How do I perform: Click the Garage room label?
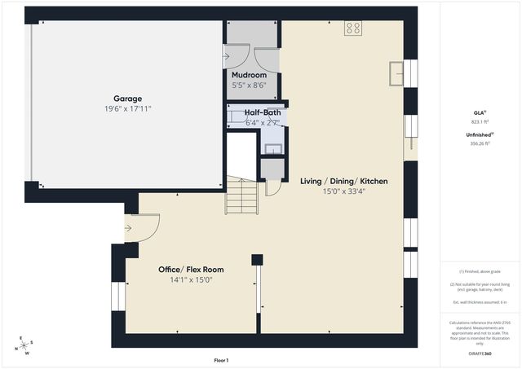coord(127,98)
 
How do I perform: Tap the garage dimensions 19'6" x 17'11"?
coord(127,108)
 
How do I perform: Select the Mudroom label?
coord(250,75)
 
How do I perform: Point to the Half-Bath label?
coord(263,113)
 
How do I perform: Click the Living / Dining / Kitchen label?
coord(343,181)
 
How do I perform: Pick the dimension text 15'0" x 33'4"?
coord(343,192)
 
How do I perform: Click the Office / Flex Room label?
coord(191,269)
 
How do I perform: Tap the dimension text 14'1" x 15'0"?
coord(191,280)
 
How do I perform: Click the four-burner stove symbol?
coord(353,29)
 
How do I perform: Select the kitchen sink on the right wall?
coord(396,72)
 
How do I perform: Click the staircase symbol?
coord(241,196)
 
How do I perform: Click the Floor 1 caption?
coord(221,360)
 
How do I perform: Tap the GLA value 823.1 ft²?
coord(480,121)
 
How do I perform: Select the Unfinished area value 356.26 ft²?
coord(480,143)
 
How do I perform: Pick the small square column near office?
coord(257,259)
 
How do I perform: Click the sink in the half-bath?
coord(272,149)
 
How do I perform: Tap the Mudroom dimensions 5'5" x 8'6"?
coord(250,85)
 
